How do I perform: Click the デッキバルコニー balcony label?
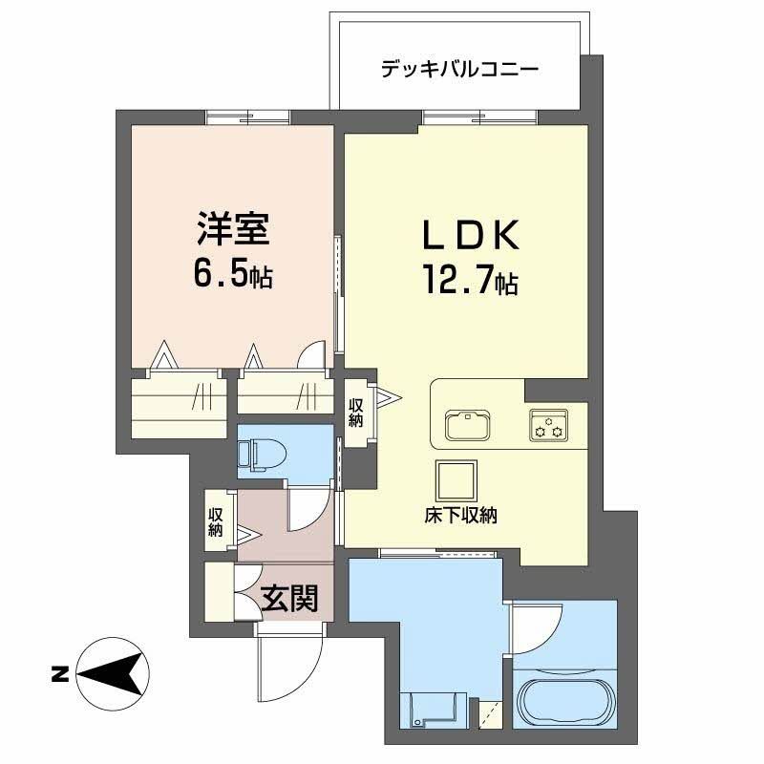pos(459,70)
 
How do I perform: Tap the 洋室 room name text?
pos(231,232)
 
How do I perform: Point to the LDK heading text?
pos(470,237)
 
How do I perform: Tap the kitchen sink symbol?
pos(467,422)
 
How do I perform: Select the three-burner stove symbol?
pos(548,424)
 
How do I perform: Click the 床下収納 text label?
pos(461,516)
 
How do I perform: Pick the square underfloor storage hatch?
pos(454,478)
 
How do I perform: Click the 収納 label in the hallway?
pos(217,520)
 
